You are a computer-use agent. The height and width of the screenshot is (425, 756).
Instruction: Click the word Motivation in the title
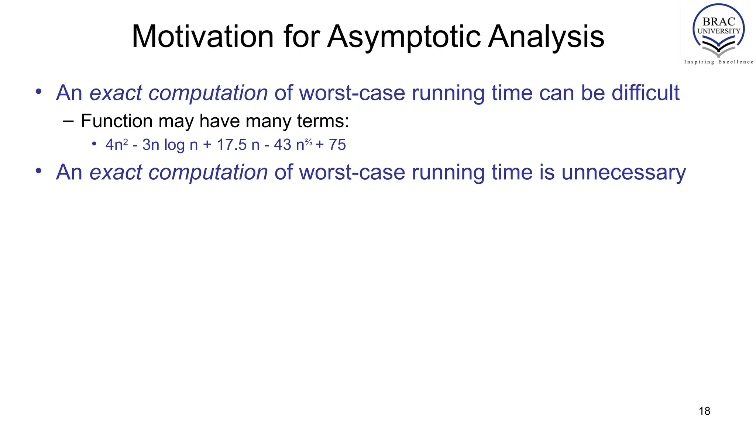click(x=202, y=37)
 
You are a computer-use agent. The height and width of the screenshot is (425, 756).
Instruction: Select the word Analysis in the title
click(x=546, y=37)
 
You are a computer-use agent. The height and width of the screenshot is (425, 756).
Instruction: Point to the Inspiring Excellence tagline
click(x=718, y=62)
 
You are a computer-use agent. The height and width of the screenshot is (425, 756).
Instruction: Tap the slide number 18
click(x=704, y=411)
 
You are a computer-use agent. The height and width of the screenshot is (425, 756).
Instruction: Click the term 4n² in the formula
click(x=116, y=145)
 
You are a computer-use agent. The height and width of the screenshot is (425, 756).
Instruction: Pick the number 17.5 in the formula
click(x=231, y=145)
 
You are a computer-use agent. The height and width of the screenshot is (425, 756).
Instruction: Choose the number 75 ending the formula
click(x=337, y=145)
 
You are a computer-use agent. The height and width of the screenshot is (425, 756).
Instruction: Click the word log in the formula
click(x=174, y=145)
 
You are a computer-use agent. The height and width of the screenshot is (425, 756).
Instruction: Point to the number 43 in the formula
click(x=282, y=145)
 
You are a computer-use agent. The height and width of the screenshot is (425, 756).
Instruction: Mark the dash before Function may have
click(x=68, y=121)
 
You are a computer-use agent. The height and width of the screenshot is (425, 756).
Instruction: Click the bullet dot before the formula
click(x=94, y=144)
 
